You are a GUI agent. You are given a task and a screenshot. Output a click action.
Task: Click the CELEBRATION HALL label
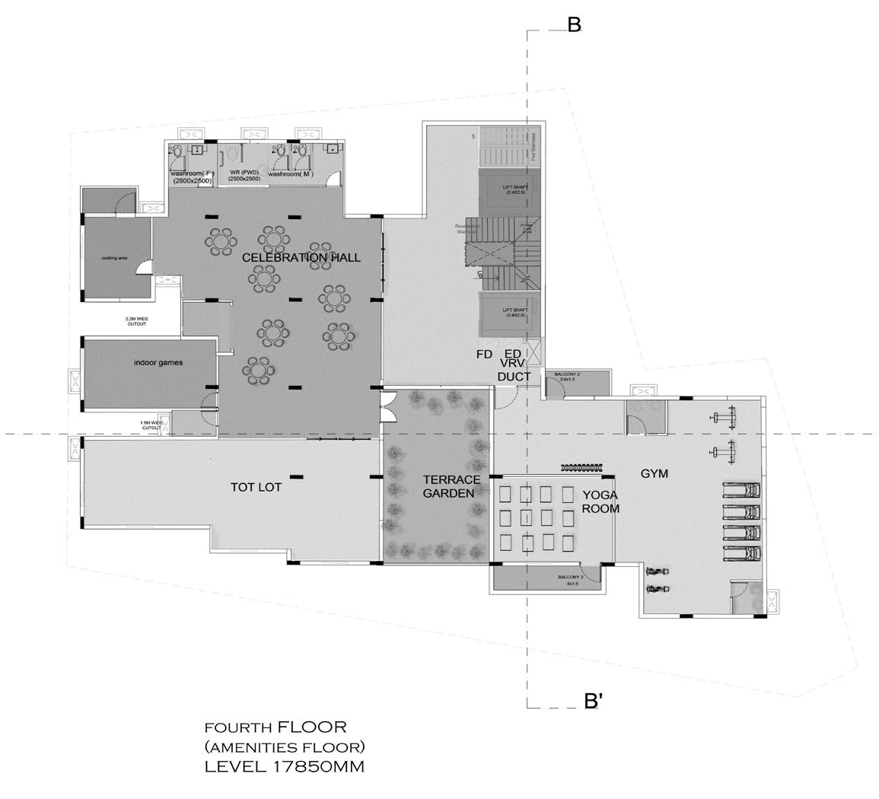tap(301, 258)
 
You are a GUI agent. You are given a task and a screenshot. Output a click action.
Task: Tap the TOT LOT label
tap(256, 487)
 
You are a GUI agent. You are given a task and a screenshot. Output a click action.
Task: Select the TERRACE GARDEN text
tap(452, 486)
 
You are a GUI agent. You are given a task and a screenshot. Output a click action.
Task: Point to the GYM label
tap(654, 473)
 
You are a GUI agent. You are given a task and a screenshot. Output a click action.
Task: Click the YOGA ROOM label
tap(600, 501)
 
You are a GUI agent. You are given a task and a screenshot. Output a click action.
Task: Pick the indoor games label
tap(158, 362)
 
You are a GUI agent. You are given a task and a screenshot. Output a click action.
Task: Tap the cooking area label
tap(114, 258)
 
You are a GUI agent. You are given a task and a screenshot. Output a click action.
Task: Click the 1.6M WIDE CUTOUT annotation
tap(151, 425)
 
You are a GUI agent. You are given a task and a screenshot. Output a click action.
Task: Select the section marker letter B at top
tap(575, 25)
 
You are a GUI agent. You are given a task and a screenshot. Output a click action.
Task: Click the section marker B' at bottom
tap(593, 701)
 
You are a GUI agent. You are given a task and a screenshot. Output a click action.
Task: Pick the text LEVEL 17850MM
tap(284, 766)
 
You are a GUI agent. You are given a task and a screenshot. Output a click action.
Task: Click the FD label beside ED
tap(484, 354)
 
